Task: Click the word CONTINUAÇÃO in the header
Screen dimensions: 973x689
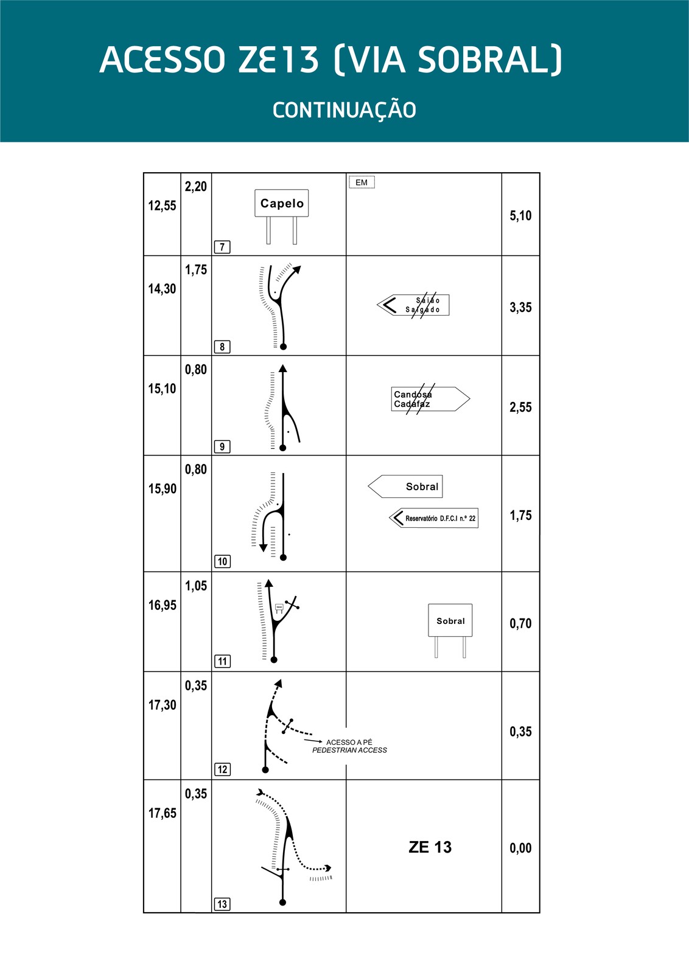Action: tap(344, 110)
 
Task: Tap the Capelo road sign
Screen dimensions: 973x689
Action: tap(281, 204)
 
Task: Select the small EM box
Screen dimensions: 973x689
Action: tap(362, 182)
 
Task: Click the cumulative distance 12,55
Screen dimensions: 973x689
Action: tap(162, 206)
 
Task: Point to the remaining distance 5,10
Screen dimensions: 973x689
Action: tap(520, 215)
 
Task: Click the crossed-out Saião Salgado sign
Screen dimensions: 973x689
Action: tap(414, 305)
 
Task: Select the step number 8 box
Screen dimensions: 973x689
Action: tap(222, 347)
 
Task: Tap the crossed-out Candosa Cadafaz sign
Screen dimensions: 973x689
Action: tap(430, 399)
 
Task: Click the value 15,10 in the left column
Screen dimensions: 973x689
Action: tap(162, 389)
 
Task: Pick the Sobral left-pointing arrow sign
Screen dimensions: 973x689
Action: tap(406, 486)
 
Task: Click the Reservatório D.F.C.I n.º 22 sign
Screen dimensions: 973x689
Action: tap(434, 518)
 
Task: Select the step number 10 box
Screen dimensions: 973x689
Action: tap(222, 561)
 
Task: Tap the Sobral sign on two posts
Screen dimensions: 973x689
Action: tap(450, 621)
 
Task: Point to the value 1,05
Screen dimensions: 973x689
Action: tap(196, 586)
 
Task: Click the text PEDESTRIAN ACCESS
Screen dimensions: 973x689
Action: tap(349, 750)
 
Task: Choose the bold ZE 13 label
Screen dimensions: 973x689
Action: tap(430, 847)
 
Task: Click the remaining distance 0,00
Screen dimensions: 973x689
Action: tap(520, 848)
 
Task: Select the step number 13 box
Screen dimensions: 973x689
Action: tap(222, 904)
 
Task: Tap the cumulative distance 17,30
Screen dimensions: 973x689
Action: tap(162, 705)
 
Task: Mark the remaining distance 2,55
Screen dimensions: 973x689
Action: tap(520, 407)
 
